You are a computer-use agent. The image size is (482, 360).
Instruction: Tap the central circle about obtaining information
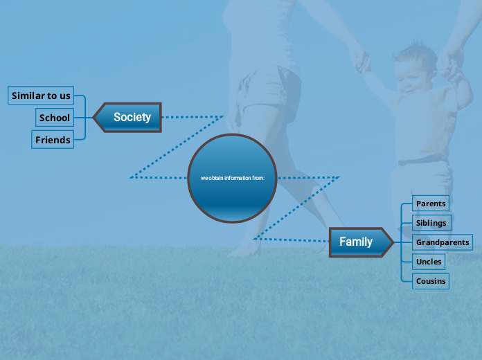pos(232,178)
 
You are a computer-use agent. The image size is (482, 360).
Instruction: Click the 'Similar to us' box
pos(41,96)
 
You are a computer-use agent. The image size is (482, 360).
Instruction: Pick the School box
pos(55,118)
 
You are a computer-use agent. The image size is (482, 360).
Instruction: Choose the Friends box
pos(53,140)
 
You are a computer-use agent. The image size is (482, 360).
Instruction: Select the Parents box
pos(431,204)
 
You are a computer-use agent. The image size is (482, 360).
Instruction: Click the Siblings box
pos(431,223)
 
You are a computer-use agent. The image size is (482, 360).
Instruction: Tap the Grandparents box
pos(443,242)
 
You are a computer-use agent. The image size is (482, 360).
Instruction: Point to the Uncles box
pos(429,262)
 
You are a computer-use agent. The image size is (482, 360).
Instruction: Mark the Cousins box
pos(431,281)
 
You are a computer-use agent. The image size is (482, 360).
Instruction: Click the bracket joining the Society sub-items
pos(84,118)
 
